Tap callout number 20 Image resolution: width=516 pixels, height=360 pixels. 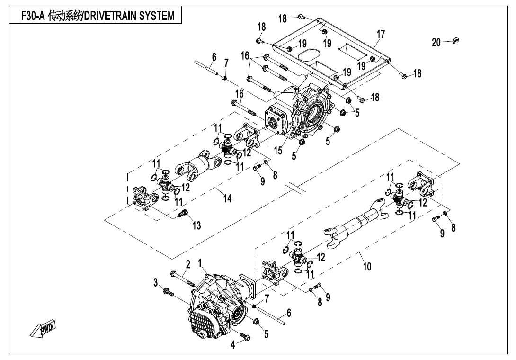[436, 43]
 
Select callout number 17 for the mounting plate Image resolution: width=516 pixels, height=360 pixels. [381, 34]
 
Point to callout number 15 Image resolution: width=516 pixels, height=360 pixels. [278, 151]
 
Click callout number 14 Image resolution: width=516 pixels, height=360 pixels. [228, 198]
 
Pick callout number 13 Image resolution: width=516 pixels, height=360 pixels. [196, 225]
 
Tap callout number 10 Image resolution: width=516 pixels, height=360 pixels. [367, 266]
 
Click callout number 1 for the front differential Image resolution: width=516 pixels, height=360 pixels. [200, 262]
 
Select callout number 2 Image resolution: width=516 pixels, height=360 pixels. [188, 264]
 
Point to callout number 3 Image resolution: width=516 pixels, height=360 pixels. [155, 283]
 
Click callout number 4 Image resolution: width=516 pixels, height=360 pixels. [232, 345]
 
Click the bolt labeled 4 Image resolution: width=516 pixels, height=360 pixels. [245, 337]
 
